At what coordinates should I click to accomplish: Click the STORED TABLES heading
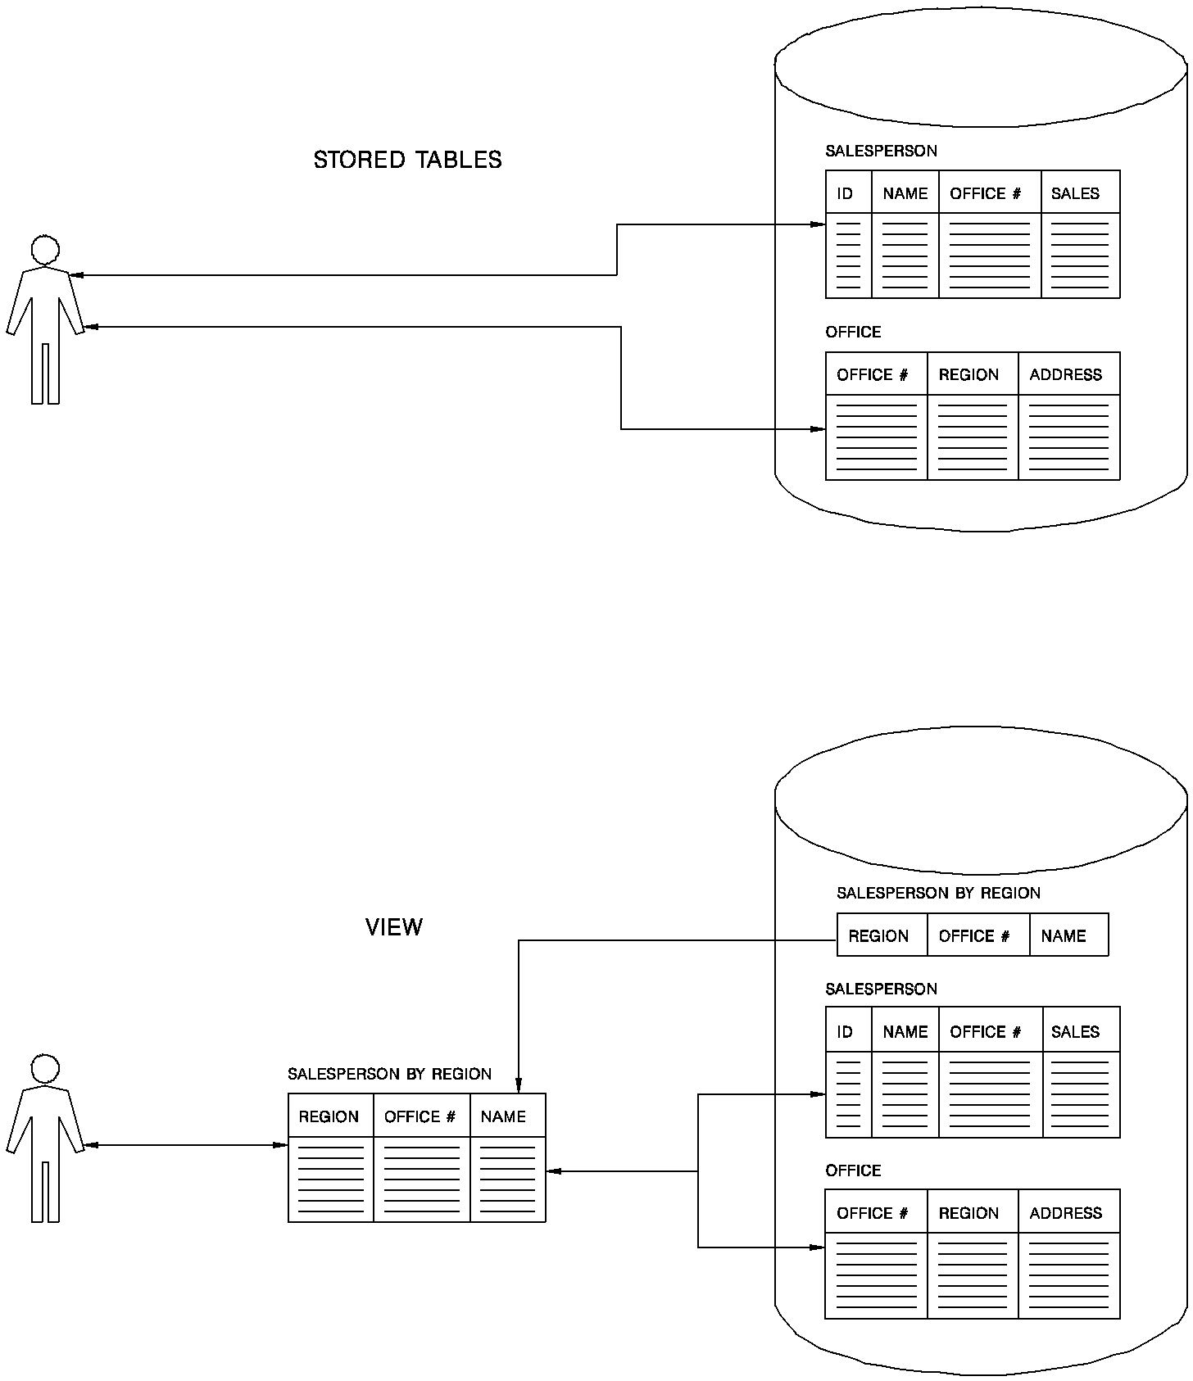[407, 160]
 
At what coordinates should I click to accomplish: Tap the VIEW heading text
[394, 927]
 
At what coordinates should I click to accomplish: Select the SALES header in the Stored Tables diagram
[1075, 193]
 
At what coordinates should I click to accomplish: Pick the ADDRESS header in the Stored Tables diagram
[1065, 374]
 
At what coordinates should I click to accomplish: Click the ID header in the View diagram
[845, 1031]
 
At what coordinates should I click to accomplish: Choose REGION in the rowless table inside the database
[878, 935]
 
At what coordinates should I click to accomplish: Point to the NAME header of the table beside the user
[503, 1116]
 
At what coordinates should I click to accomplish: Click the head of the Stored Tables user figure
[45, 249]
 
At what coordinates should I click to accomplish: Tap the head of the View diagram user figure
[45, 1069]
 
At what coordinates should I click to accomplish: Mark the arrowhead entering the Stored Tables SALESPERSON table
[819, 224]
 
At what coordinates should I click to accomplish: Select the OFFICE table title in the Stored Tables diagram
[853, 332]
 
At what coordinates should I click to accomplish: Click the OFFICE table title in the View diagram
[853, 1170]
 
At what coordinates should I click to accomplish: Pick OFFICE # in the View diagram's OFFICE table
[872, 1213]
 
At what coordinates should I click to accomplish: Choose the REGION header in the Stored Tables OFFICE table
[968, 374]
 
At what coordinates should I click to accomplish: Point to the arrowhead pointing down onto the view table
[519, 1086]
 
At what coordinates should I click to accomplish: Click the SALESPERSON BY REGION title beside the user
[389, 1074]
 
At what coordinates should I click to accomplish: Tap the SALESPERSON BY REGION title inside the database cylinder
[938, 893]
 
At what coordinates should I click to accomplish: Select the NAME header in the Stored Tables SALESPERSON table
[905, 193]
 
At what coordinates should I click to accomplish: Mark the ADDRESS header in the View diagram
[1065, 1213]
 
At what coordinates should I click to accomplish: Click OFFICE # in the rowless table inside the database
[973, 935]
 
